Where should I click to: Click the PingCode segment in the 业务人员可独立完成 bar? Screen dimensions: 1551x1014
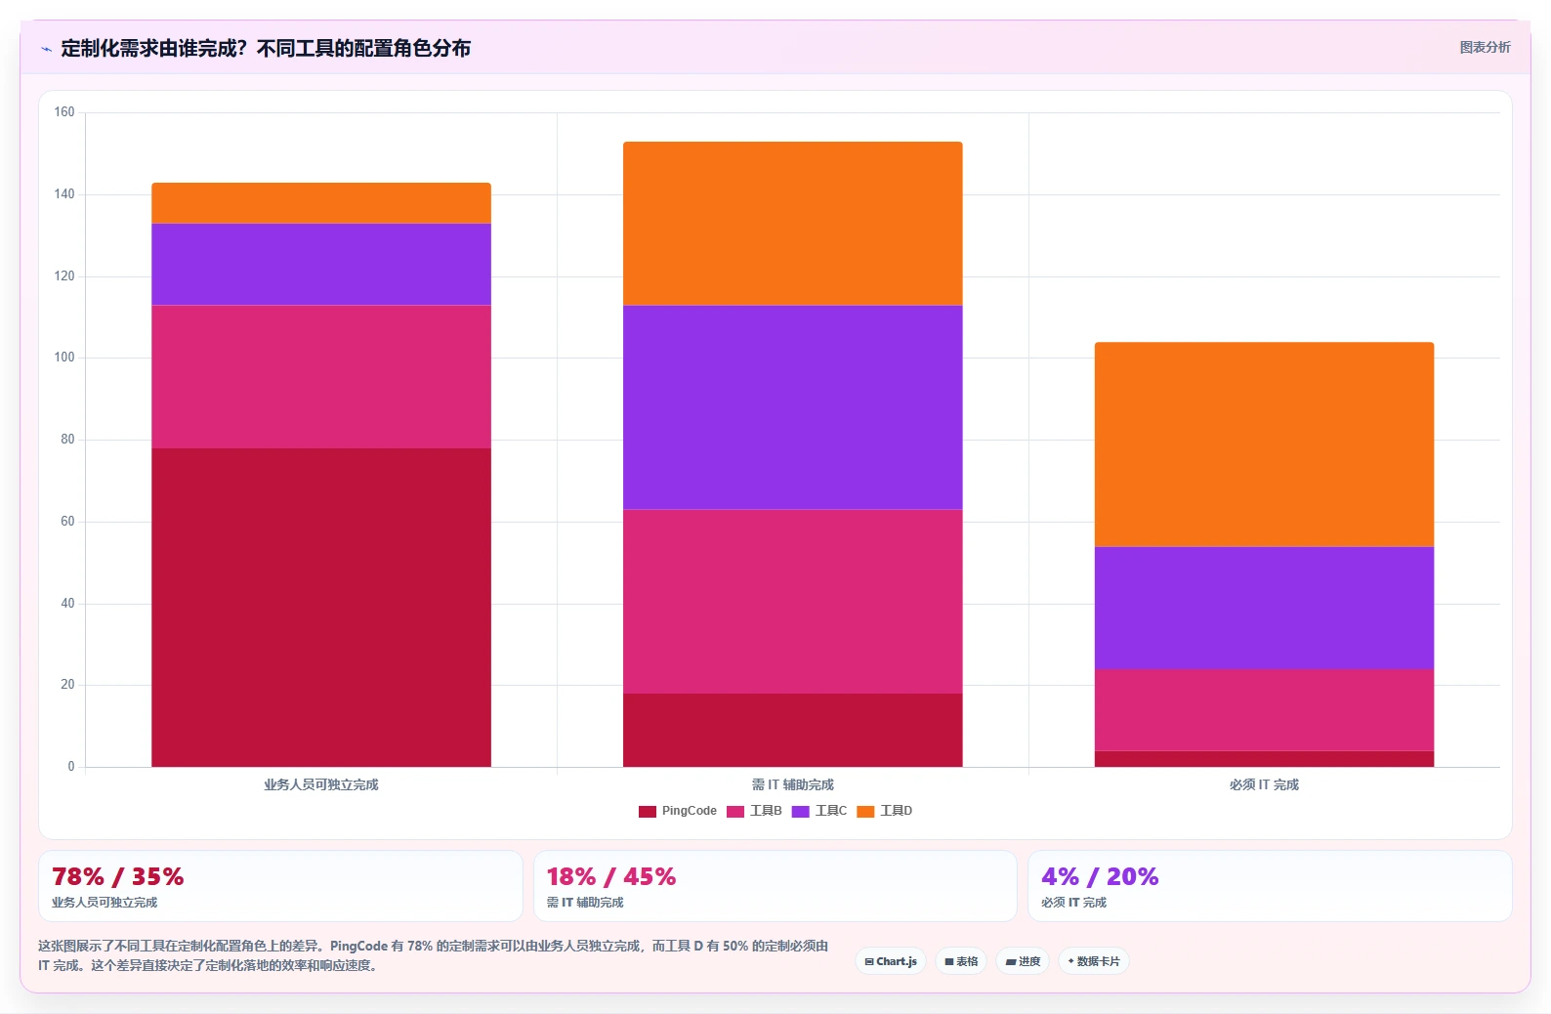[321, 608]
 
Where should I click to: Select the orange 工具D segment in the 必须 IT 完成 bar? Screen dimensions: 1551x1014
[1264, 444]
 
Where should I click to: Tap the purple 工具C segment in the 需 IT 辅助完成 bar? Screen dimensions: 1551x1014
[793, 407]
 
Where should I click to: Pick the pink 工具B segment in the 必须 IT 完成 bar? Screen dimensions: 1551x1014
[1264, 710]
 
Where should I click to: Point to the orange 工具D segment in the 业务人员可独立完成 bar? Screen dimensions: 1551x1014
[321, 203]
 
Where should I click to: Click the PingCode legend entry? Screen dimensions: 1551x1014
[677, 811]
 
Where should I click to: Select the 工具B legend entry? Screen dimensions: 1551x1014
[754, 811]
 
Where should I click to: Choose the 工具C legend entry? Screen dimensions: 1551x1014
[819, 811]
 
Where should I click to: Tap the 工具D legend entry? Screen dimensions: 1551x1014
[884, 811]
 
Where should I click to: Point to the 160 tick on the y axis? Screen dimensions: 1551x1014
[64, 112]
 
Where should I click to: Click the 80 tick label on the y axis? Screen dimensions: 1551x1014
[67, 440]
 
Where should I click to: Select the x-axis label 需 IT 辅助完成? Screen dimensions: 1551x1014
[793, 784]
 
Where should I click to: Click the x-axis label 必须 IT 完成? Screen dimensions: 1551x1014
[1264, 784]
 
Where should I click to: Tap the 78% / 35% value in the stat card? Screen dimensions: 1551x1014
[118, 877]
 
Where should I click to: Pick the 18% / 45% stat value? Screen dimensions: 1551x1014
[610, 877]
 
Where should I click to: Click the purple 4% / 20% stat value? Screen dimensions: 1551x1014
[1100, 877]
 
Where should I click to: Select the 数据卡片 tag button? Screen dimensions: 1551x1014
[1093, 961]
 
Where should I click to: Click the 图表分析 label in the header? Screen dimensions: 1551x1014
[1485, 47]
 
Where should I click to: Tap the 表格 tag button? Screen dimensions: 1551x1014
[961, 961]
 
